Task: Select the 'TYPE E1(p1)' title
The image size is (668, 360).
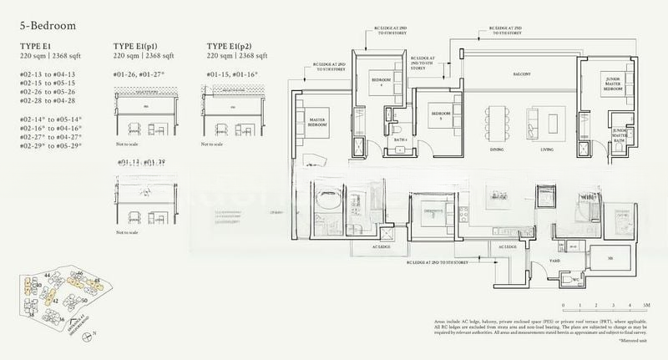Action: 139,46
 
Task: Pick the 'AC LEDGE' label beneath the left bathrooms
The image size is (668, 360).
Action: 383,247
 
